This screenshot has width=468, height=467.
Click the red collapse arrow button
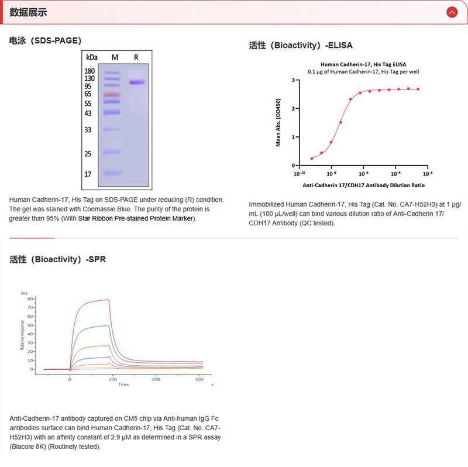pos(451,12)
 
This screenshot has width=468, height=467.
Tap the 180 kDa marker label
pos(90,71)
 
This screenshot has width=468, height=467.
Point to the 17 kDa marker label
pos(88,174)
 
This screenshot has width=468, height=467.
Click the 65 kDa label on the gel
pos(88,94)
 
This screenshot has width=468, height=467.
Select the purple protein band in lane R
pos(136,83)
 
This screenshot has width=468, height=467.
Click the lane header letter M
pos(115,57)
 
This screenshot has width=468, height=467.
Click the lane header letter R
pos(136,57)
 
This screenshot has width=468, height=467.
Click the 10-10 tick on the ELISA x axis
pos(300,174)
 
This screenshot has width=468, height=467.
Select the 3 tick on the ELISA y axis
pos(292,79)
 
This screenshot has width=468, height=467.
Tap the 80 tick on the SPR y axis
pos(30,298)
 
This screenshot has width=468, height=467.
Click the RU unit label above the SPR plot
pos(24,293)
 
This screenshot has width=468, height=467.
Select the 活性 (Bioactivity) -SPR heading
pos(58,259)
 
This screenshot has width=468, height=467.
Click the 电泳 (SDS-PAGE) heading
pos(45,40)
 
